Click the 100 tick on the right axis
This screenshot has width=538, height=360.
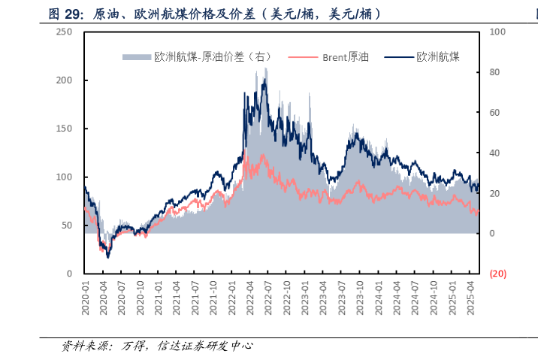(497, 32)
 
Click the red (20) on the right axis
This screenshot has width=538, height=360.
(497, 274)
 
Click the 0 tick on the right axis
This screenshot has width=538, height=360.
(492, 234)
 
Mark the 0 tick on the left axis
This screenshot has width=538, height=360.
(68, 274)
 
